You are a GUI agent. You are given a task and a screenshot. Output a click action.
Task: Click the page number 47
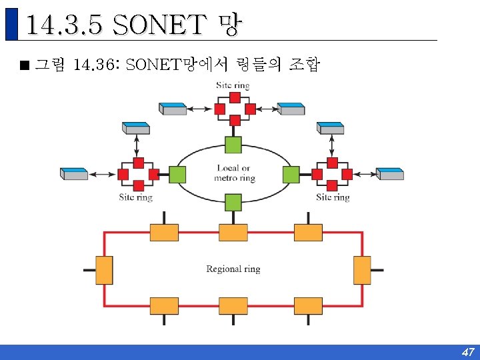point(468,352)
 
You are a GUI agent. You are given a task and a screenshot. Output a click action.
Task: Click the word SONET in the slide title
point(159,26)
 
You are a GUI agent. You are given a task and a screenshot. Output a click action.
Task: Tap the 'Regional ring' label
point(233,269)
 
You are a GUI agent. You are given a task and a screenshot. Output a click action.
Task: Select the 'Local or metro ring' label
point(234,173)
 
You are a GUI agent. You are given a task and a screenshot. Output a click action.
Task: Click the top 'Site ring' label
point(233,85)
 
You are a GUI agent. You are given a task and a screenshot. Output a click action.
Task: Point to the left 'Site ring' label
point(136,197)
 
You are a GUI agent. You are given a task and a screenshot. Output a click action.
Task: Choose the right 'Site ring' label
point(333,197)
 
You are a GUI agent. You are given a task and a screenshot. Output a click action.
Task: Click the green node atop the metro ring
point(233,145)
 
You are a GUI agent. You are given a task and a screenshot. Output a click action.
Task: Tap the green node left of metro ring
point(177,175)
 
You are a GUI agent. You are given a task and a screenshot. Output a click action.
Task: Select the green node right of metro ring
point(291,175)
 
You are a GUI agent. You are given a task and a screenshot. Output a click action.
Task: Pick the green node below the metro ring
point(233,201)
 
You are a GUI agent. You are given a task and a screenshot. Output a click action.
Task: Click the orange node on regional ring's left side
point(104,270)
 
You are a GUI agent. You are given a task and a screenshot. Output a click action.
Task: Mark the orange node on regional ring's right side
point(361,270)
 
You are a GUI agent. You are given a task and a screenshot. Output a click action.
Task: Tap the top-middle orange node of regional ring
point(233,232)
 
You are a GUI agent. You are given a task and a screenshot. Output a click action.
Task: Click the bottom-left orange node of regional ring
point(164,306)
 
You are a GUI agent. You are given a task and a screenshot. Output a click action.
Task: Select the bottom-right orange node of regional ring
point(308,306)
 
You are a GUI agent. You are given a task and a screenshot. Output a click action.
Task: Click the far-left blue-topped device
point(74,174)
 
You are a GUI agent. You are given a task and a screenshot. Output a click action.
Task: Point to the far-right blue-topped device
point(390,174)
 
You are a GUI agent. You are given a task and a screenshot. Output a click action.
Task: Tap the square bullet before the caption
point(25,65)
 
